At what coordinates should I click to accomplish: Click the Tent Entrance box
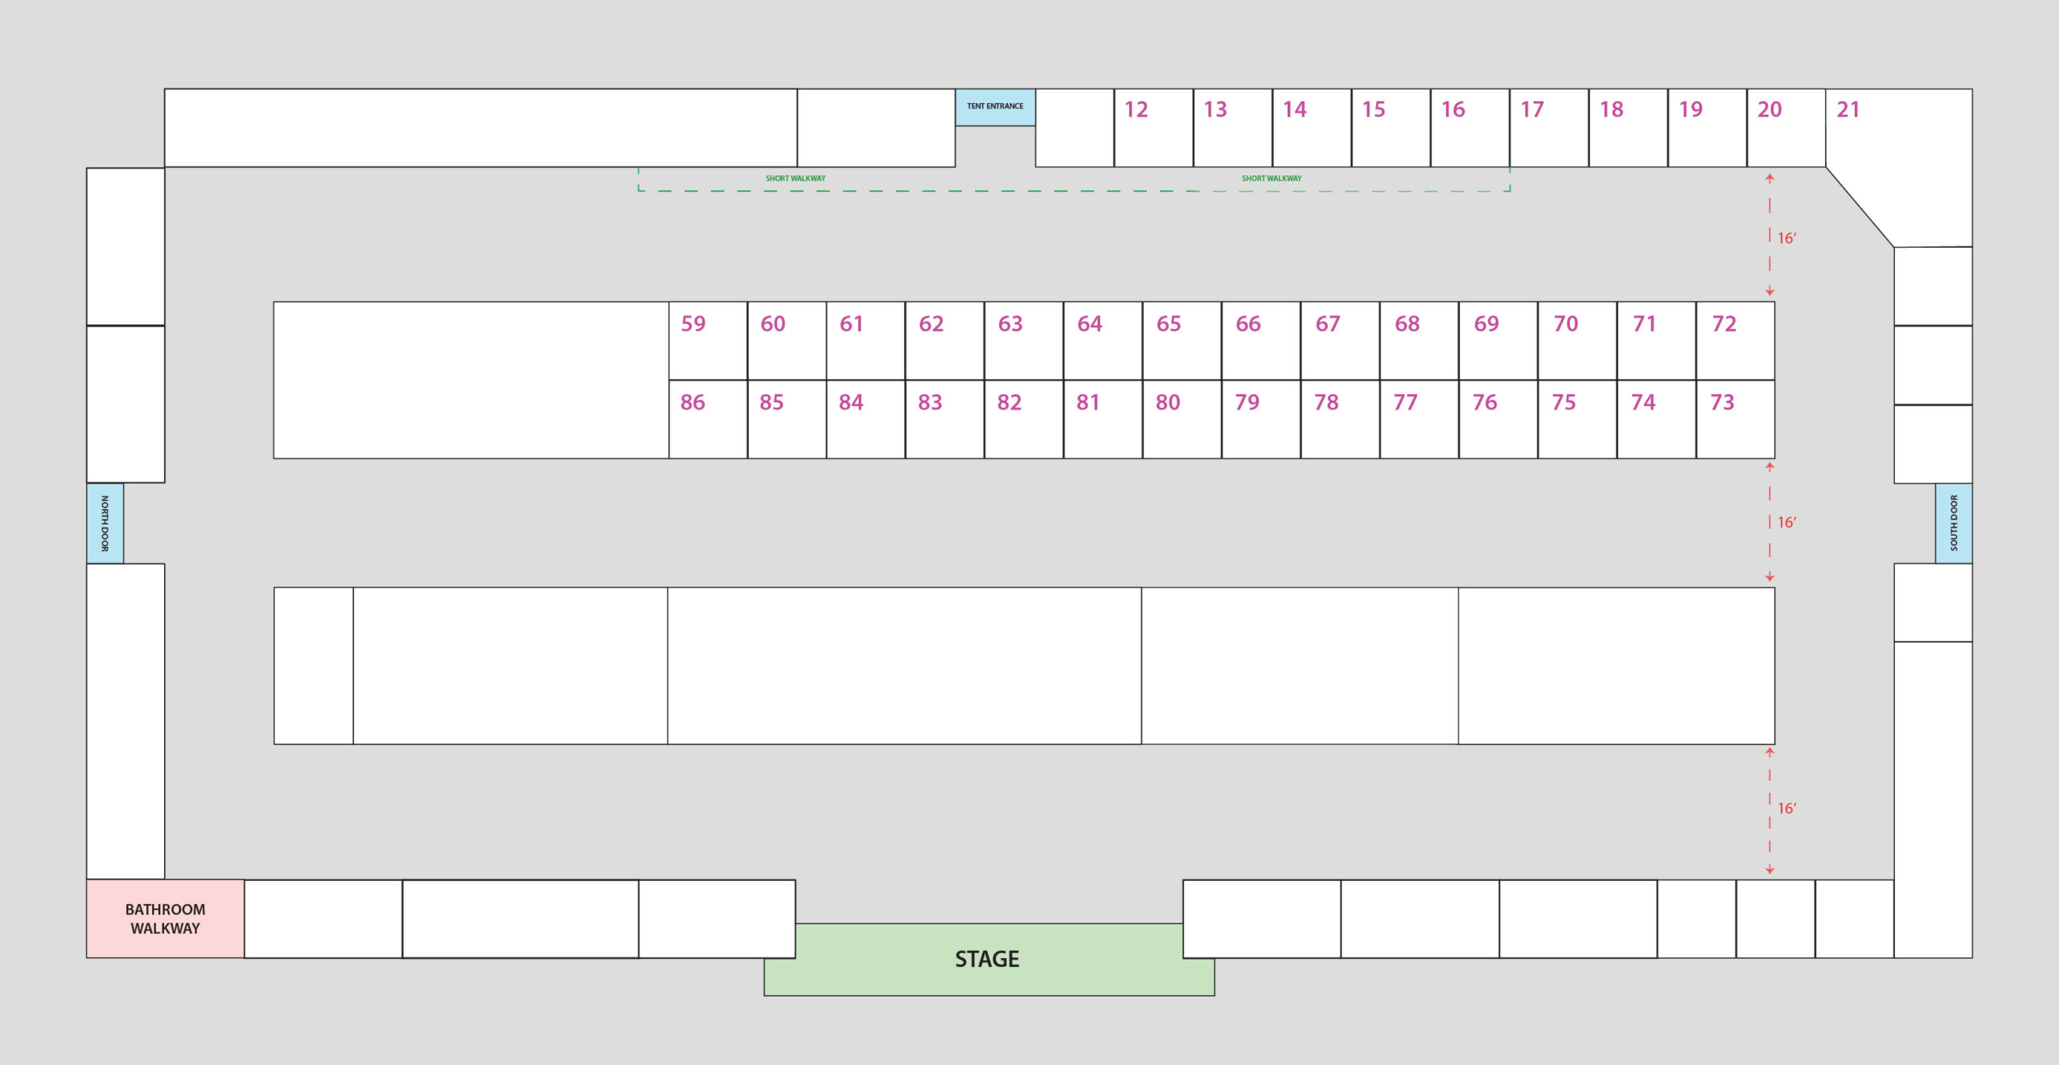point(995,107)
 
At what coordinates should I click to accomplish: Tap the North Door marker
point(105,523)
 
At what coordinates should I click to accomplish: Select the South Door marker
point(1954,523)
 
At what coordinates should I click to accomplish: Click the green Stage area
point(988,959)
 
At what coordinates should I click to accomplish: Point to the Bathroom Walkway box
point(165,919)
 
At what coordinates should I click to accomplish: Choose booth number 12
point(1153,128)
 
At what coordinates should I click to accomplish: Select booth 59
point(708,340)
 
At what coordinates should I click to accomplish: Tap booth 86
point(708,419)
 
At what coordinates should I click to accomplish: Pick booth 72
point(1736,340)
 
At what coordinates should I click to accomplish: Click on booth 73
point(1736,419)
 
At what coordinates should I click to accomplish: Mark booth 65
point(1182,340)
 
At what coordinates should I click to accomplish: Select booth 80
point(1182,419)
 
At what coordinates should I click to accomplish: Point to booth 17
point(1549,128)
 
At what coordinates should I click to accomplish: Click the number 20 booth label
point(1769,109)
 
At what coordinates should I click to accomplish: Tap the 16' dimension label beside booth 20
point(1787,238)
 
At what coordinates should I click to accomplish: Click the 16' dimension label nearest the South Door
point(1787,523)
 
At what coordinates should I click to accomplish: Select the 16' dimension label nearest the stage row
point(1787,808)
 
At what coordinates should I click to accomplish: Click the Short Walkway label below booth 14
point(1272,179)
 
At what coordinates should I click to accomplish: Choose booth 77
point(1420,419)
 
